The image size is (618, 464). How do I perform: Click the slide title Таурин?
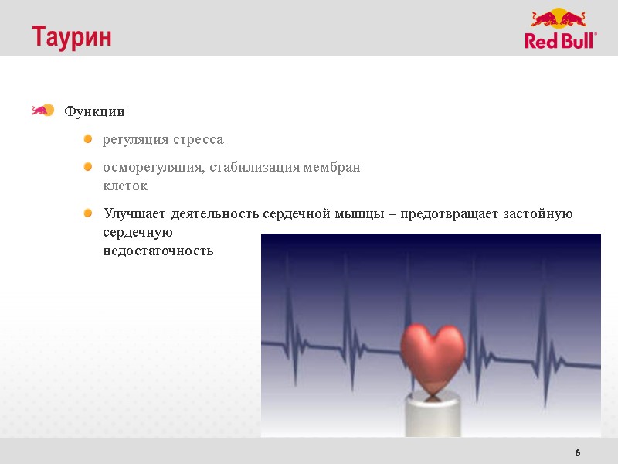[x=71, y=36]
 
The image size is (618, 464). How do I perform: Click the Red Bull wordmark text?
[x=561, y=40]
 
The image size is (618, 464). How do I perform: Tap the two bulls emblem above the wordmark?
[x=559, y=19]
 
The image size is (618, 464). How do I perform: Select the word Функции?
[x=94, y=111]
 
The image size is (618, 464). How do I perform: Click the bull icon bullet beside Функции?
[x=42, y=111]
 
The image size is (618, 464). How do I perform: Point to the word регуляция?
[x=134, y=140]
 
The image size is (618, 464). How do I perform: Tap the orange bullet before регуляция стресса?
[x=88, y=139]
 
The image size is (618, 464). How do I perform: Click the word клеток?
[x=125, y=186]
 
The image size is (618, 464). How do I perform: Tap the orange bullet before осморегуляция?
[x=88, y=167]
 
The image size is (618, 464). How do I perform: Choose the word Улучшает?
[x=135, y=213]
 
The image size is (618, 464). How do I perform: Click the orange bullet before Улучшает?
[x=88, y=213]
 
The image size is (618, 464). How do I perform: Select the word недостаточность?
[x=158, y=251]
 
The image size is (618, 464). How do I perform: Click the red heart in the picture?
[x=433, y=352]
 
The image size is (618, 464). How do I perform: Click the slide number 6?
[x=578, y=452]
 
